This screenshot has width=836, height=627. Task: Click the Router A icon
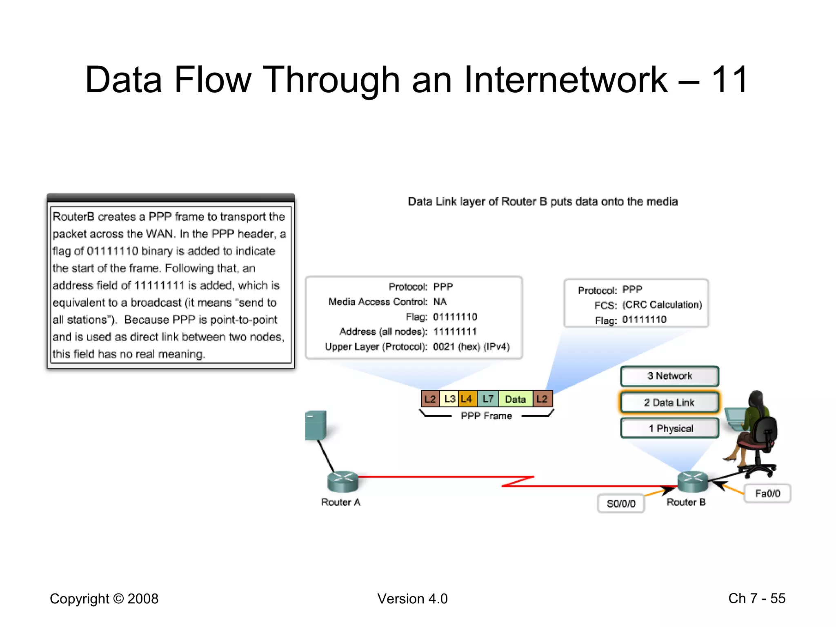coord(343,482)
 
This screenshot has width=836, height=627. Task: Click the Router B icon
coord(693,482)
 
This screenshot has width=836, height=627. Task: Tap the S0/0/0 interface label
coord(621,503)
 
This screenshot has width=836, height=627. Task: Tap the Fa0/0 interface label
coord(767,494)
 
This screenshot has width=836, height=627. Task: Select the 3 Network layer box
coord(669,376)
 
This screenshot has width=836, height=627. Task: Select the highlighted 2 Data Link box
coord(669,402)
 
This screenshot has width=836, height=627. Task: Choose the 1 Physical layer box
coord(669,429)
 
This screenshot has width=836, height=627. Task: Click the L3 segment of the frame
coord(449,399)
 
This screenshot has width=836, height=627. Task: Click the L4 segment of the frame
coord(467,399)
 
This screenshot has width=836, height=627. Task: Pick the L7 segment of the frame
coord(488,399)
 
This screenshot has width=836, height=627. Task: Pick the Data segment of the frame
coord(515,399)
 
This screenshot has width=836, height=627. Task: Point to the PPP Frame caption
coord(486,416)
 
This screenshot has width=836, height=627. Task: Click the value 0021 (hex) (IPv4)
coord(471,347)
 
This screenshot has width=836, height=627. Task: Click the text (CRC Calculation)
coord(662,305)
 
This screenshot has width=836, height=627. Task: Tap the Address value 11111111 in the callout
coord(455,331)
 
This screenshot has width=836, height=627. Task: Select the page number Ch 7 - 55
coord(757,598)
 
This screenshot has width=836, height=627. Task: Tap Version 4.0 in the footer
coord(412,598)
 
